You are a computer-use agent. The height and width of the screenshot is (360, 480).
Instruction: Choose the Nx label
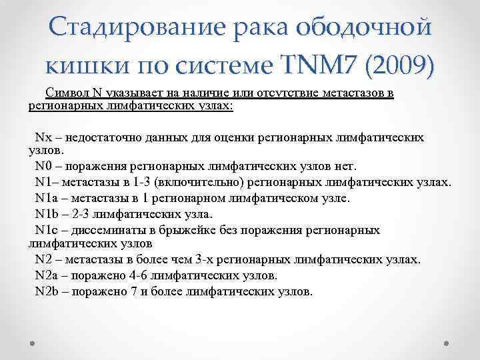pos(43,137)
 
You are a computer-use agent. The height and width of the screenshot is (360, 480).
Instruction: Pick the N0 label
pos(43,166)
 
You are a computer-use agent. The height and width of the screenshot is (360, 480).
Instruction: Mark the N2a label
pos(47,275)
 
